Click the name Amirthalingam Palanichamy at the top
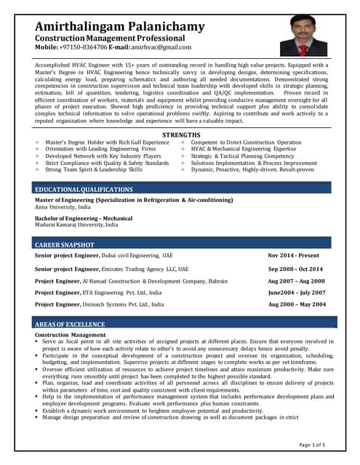[120, 27]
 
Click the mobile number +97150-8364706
[81, 47]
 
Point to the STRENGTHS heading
[180, 136]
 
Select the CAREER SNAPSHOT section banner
[65, 246]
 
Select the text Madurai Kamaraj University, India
[76, 225]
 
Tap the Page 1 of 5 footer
[313, 444]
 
